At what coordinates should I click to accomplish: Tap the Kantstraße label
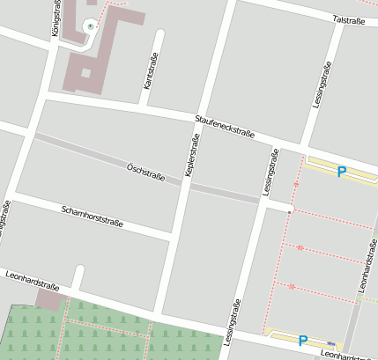(x=149, y=71)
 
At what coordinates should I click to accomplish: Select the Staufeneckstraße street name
(x=225, y=126)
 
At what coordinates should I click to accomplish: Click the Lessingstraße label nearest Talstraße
(x=322, y=85)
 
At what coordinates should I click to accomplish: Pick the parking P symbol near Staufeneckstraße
(x=342, y=172)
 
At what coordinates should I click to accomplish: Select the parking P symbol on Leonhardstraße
(x=303, y=340)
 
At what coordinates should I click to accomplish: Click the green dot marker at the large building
(x=90, y=26)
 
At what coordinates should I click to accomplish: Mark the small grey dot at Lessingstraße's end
(x=289, y=211)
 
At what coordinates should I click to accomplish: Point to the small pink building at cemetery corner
(x=50, y=300)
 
